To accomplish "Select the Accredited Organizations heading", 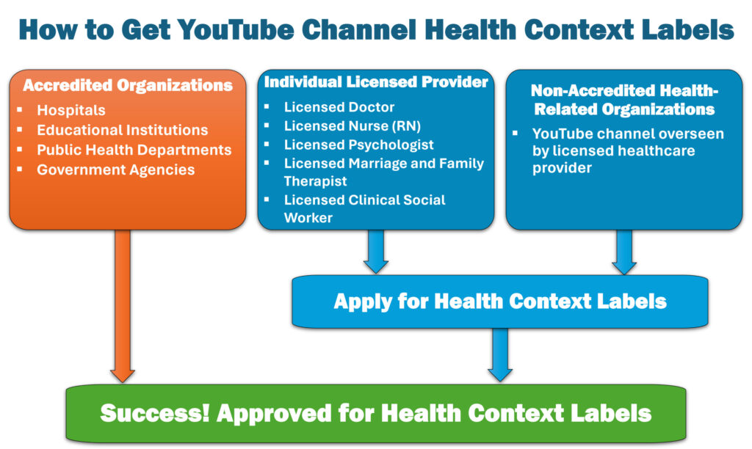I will tap(127, 85).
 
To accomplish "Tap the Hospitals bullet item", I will tap(71, 111).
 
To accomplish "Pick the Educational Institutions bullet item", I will tap(123, 131).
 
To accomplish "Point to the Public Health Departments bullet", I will tap(134, 150).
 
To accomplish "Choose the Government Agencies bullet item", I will tap(116, 170).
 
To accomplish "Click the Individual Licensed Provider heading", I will tap(376, 82).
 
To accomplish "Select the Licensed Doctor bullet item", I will tap(339, 107).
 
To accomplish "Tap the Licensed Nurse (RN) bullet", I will tap(352, 125).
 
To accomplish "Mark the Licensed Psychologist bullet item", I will tap(359, 145).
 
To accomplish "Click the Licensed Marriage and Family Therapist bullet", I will tap(383, 172).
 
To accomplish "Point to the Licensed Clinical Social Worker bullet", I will tap(364, 208).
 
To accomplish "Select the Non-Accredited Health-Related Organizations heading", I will tap(623, 100).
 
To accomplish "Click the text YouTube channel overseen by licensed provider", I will tap(627, 151).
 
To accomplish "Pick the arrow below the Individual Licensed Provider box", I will tap(375, 252).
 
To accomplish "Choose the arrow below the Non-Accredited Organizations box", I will tap(623, 252).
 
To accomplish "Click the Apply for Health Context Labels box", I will tap(499, 301).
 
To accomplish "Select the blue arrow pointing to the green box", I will tap(500, 354).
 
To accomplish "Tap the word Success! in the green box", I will tap(155, 412).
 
